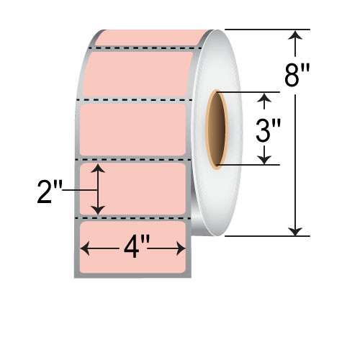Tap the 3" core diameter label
click(x=269, y=132)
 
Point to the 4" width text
click(x=133, y=248)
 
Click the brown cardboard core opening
click(x=216, y=130)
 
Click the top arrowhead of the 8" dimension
click(x=294, y=35)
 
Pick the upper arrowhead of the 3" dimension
click(x=265, y=97)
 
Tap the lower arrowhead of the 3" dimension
click(x=265, y=160)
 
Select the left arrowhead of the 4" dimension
click(x=84, y=248)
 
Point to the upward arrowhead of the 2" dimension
click(x=99, y=168)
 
